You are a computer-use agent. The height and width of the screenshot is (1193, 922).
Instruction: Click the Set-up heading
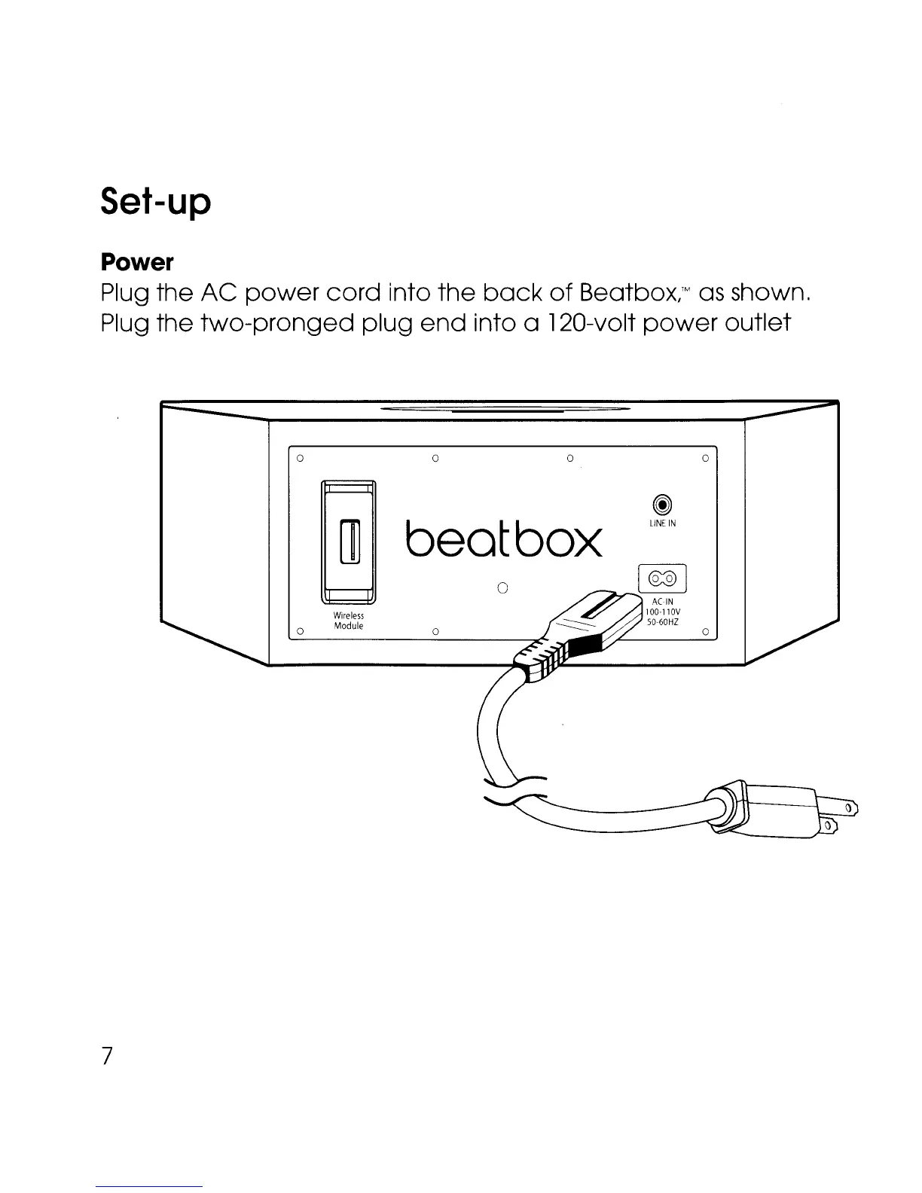pyautogui.click(x=155, y=203)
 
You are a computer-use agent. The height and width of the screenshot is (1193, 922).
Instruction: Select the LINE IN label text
pyautogui.click(x=662, y=523)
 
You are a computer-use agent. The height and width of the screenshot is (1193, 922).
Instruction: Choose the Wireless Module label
pyautogui.click(x=349, y=621)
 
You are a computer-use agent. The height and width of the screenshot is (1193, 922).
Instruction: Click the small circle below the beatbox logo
pyautogui.click(x=504, y=587)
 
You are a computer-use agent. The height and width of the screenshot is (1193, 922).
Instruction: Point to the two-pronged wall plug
pyautogui.click(x=783, y=813)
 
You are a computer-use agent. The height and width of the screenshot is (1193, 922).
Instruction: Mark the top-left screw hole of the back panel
pyautogui.click(x=300, y=457)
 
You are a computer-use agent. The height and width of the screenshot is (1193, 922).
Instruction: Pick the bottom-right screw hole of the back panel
pyautogui.click(x=705, y=631)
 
